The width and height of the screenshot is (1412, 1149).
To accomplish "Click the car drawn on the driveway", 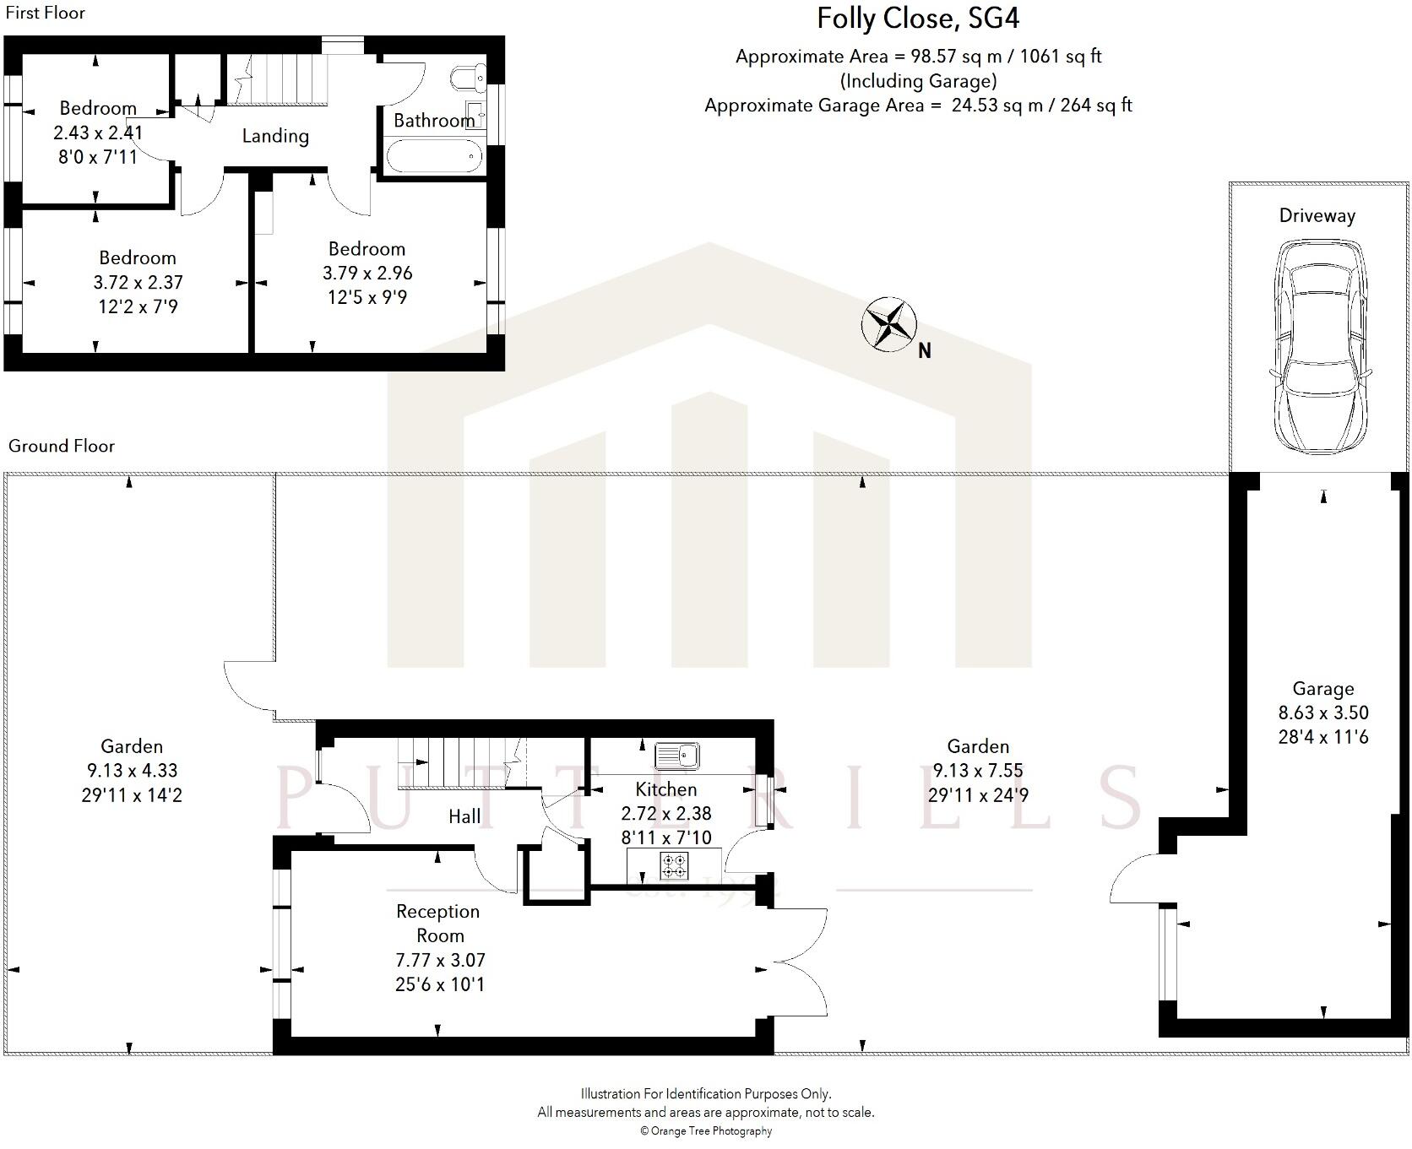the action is coord(1318,346).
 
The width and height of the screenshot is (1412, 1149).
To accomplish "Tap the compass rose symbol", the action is coord(888,323).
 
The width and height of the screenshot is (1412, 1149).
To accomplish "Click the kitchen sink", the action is coord(677,755).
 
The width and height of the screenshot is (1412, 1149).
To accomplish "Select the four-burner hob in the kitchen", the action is coord(674,865).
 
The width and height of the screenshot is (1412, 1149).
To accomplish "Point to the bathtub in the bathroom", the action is coord(434,156).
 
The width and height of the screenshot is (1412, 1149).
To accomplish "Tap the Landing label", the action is coord(275,136).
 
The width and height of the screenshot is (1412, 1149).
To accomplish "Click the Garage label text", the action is coord(1322,688).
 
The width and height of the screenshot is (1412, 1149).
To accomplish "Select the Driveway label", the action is coord(1317,215).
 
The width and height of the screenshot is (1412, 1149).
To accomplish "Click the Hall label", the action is coord(464,816).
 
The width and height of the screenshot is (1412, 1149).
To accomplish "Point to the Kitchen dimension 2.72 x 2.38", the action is coord(665,813).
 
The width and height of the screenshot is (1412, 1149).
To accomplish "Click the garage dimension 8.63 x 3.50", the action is coord(1322,713).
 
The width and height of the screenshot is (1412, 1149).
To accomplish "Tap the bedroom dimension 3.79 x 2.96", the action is coord(367,273).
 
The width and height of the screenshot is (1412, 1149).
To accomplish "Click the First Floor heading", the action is coord(45,13).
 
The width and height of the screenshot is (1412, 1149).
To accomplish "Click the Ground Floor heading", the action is coord(61,446).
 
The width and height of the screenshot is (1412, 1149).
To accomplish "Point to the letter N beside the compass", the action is coord(925,351).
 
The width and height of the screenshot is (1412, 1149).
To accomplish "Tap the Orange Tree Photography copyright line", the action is coord(706,1130).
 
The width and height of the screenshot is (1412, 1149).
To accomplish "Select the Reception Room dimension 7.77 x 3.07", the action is coord(440,960).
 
